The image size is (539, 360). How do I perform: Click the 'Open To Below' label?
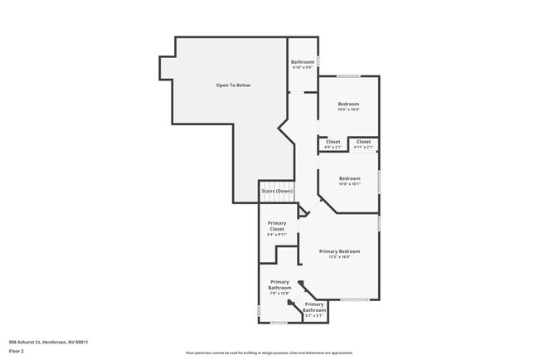(x=233, y=85)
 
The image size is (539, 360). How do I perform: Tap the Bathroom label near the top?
(x=302, y=62)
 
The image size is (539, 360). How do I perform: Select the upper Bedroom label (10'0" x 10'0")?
(x=348, y=104)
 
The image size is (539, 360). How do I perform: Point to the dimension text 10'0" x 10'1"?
(x=349, y=184)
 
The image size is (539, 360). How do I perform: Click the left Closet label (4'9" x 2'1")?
(x=333, y=142)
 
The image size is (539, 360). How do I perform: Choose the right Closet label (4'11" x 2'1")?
(x=364, y=142)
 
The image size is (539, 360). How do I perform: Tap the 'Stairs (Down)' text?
(x=277, y=191)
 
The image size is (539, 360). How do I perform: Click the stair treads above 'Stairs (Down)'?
(x=277, y=183)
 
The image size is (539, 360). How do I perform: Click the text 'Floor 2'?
(x=17, y=351)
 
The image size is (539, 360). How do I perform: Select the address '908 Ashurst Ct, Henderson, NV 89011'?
(x=49, y=342)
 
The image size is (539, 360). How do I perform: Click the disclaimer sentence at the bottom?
(x=269, y=352)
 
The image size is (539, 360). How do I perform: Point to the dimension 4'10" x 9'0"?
(x=302, y=68)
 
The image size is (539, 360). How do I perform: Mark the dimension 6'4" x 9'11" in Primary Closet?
(x=277, y=235)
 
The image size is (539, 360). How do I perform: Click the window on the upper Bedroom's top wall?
(x=348, y=77)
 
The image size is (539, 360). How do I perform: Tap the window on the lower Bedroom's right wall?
(x=380, y=180)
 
